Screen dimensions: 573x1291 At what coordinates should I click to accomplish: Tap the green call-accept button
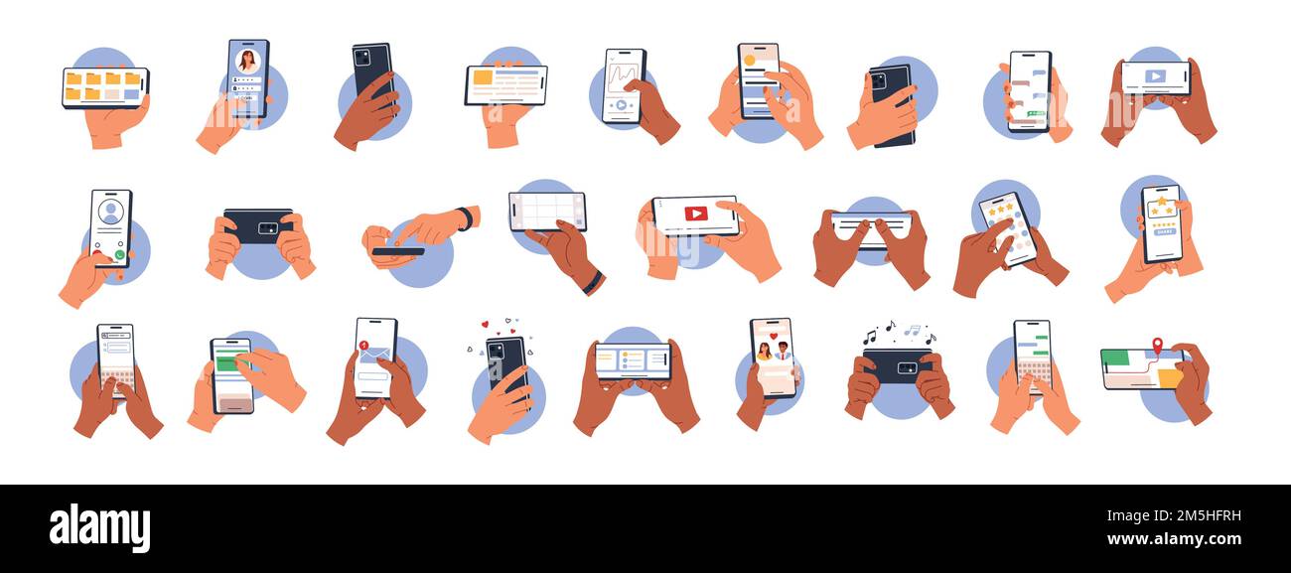(120, 255)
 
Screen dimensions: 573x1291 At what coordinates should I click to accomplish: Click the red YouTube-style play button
(695, 214)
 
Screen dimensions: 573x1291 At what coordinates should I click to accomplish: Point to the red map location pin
(1157, 345)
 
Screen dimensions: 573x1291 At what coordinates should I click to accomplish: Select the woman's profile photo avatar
(247, 61)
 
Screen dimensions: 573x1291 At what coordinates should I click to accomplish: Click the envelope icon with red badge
(373, 353)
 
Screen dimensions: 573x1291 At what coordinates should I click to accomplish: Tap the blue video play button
(1155, 75)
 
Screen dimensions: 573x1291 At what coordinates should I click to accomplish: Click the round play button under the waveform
(621, 104)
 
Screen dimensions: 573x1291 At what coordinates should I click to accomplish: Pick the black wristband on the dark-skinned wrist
(593, 282)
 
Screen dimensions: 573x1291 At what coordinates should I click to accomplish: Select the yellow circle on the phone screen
(749, 60)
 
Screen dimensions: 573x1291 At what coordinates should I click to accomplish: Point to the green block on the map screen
(1115, 358)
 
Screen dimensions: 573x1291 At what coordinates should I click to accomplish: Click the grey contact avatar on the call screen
(110, 212)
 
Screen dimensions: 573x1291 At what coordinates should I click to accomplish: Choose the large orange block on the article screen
(483, 77)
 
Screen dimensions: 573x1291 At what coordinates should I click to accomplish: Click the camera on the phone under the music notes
(907, 367)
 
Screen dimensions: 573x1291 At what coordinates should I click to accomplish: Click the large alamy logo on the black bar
(99, 527)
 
